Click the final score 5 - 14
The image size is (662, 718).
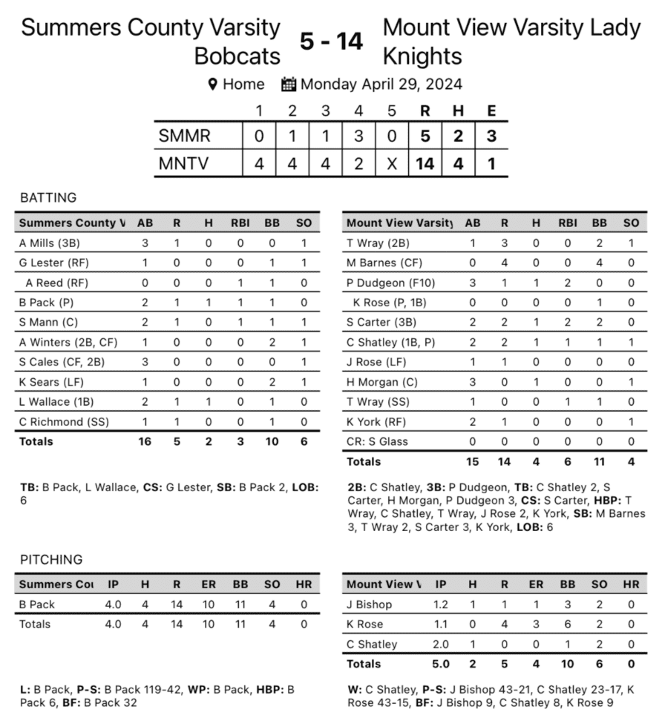pyautogui.click(x=331, y=42)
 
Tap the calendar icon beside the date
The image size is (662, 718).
pyautogui.click(x=289, y=85)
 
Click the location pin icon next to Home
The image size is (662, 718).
pyautogui.click(x=213, y=85)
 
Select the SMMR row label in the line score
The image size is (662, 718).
pyautogui.click(x=185, y=136)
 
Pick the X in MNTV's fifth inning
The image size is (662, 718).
pyautogui.click(x=392, y=163)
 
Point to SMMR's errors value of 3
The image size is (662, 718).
pyautogui.click(x=491, y=136)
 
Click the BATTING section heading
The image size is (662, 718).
pyautogui.click(x=48, y=198)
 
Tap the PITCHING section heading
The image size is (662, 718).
pyautogui.click(x=51, y=559)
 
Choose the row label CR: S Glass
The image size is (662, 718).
pyautogui.click(x=377, y=441)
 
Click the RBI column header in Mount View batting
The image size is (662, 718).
pyautogui.click(x=567, y=223)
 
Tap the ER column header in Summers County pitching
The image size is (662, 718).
pyautogui.click(x=209, y=584)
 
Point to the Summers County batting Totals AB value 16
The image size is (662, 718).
pyautogui.click(x=144, y=441)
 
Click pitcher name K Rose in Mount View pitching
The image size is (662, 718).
pyautogui.click(x=364, y=625)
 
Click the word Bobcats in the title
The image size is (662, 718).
pyautogui.click(x=237, y=56)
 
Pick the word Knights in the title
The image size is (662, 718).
pyautogui.click(x=422, y=56)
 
